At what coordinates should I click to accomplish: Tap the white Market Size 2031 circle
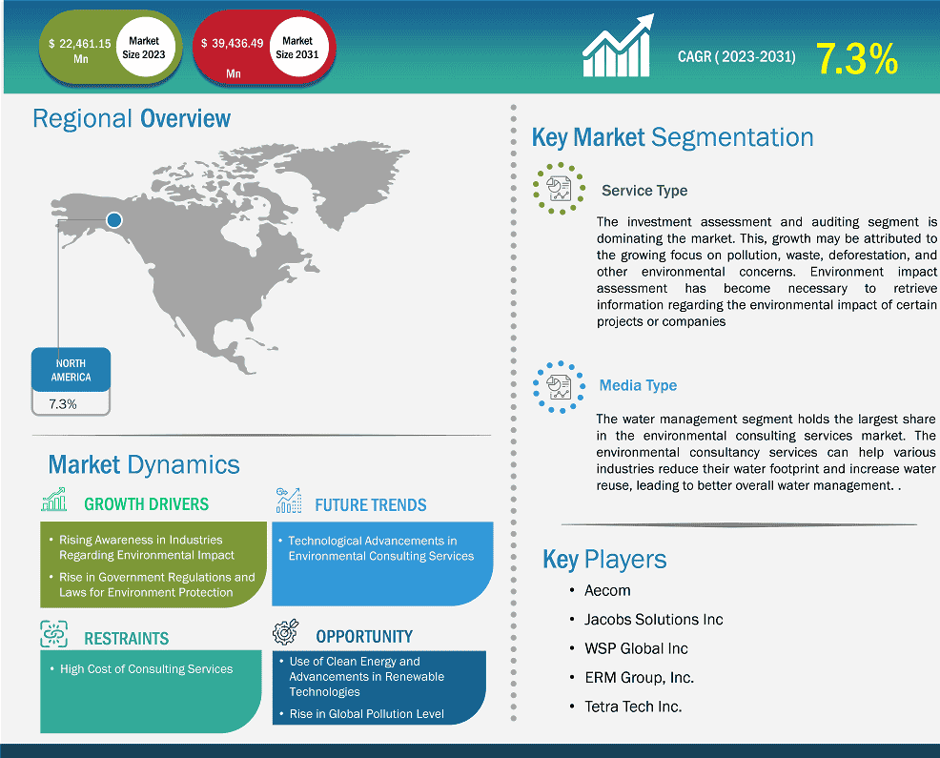point(297,48)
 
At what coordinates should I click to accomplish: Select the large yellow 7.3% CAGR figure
point(857,59)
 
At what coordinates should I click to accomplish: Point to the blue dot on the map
point(113,220)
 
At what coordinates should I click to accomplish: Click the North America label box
point(71,370)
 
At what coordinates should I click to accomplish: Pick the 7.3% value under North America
point(63,404)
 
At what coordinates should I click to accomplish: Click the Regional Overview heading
point(132,119)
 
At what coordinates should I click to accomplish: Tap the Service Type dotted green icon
point(559,188)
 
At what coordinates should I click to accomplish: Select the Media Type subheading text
point(638,385)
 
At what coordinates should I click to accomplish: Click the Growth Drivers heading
point(146,504)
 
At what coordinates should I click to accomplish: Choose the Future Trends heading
point(371,505)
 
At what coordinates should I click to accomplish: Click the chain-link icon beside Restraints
point(54,634)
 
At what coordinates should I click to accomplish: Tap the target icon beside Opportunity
point(285,632)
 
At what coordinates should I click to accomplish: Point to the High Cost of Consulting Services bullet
point(146,668)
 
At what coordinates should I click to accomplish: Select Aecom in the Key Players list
point(607,591)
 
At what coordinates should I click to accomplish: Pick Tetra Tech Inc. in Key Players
point(633,707)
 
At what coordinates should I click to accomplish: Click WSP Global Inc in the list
point(636,648)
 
